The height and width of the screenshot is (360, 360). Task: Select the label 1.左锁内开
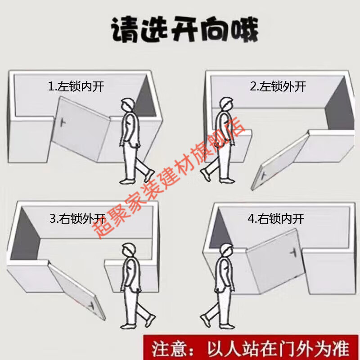pos(76,86)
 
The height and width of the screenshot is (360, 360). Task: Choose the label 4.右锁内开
pos(276,219)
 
